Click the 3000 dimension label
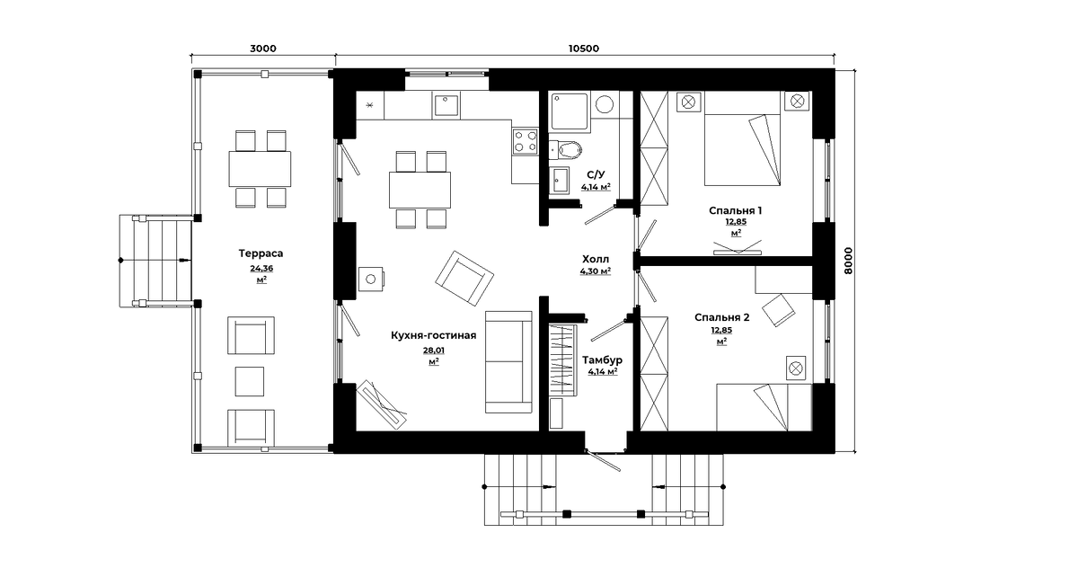pyautogui.click(x=263, y=49)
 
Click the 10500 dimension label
pyautogui.click(x=584, y=49)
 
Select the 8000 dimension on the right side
pyautogui.click(x=848, y=261)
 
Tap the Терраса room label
pyautogui.click(x=261, y=253)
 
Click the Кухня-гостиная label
pyautogui.click(x=434, y=335)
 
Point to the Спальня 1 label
pyautogui.click(x=736, y=210)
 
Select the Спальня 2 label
pyautogui.click(x=722, y=317)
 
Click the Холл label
pyautogui.click(x=596, y=259)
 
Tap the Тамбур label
pyautogui.click(x=603, y=360)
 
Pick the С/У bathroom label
pyautogui.click(x=596, y=174)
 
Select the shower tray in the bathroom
pyautogui.click(x=570, y=111)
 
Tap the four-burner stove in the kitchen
pyautogui.click(x=525, y=142)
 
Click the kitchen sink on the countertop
pyautogui.click(x=446, y=105)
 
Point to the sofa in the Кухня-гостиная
pyautogui.click(x=508, y=361)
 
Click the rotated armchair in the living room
pyautogui.click(x=464, y=279)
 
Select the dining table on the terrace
pyautogui.click(x=260, y=169)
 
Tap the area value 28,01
pyautogui.click(x=434, y=351)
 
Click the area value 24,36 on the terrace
pyautogui.click(x=261, y=268)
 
